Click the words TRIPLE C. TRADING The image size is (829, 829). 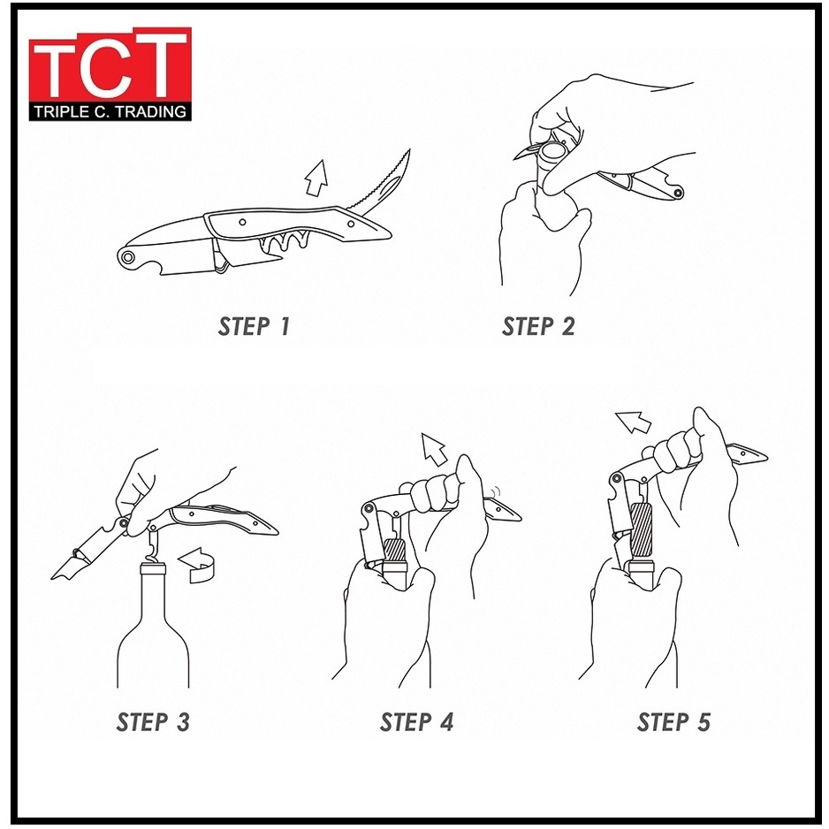110,111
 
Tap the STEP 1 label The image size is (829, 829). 255,326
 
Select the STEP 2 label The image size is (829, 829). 538,326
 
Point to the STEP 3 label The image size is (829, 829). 153,722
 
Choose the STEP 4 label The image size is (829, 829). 416,722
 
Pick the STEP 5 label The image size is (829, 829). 673,722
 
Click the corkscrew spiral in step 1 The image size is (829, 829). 285,241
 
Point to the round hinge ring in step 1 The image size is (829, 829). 127,258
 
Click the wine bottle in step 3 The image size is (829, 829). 153,626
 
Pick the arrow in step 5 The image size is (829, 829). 633,422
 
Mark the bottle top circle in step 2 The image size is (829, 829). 553,153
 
